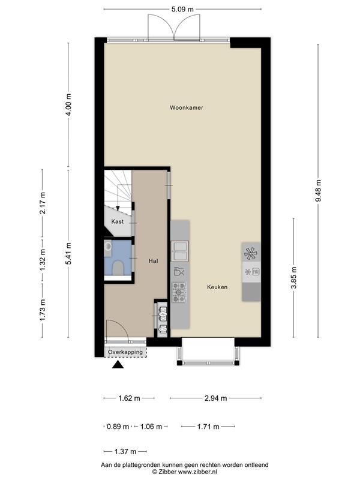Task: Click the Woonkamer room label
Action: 187,108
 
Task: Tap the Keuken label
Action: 217,287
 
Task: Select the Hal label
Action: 153,261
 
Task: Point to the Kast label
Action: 117,221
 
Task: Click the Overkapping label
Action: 125,352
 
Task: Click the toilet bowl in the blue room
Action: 118,268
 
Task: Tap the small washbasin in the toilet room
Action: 108,246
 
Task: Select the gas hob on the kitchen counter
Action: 179,292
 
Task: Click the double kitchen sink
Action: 179,251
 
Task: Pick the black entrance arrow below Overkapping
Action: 118,365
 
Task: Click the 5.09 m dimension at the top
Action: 182,9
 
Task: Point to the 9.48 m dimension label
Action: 319,190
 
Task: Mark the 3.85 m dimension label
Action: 294,278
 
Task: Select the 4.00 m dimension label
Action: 68,104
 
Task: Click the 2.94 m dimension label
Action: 216,398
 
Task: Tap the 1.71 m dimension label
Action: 208,427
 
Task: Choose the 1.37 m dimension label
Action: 125,452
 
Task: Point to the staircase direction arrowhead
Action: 118,208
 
